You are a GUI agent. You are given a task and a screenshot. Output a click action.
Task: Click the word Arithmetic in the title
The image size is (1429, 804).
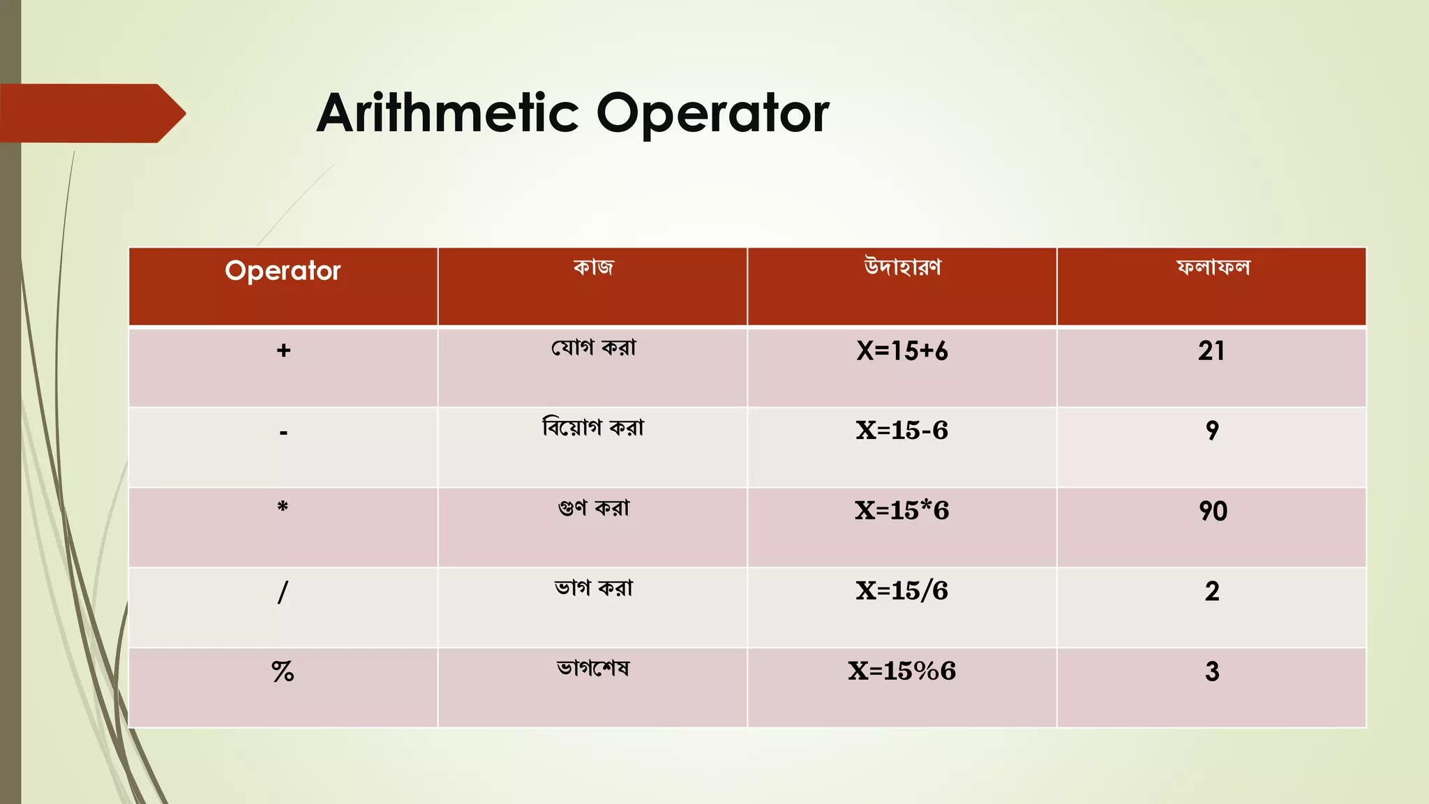[447, 113]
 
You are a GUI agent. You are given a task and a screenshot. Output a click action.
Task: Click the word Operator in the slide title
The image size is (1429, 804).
[712, 113]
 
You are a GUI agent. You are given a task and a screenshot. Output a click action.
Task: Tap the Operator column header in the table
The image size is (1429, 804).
[283, 271]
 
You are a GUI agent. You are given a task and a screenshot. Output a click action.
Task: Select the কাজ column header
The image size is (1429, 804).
[593, 267]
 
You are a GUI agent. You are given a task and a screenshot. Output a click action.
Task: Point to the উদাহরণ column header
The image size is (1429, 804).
[902, 267]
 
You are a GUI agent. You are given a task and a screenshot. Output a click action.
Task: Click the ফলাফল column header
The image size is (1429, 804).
[1213, 267]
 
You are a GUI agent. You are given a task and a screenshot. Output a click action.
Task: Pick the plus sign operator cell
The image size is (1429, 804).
[283, 350]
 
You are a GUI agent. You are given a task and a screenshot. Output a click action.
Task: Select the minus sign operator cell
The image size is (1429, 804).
[283, 433]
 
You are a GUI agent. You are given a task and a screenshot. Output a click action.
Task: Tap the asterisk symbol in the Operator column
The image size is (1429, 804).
[283, 507]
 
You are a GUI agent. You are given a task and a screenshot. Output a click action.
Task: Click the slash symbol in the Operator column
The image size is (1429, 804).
[283, 592]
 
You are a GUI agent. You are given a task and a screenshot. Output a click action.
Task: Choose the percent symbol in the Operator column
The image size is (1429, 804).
[283, 671]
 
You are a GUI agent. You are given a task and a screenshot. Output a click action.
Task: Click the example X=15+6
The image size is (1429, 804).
[902, 351]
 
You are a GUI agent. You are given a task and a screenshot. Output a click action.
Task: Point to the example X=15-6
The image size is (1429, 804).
[902, 431]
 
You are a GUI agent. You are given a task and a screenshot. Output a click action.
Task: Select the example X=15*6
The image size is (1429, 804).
[902, 511]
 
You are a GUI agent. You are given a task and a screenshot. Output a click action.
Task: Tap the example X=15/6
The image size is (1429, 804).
[902, 591]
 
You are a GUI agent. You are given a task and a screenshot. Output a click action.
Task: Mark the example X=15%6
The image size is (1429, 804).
[902, 671]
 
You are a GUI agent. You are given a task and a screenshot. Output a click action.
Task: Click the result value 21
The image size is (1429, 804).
[1212, 351]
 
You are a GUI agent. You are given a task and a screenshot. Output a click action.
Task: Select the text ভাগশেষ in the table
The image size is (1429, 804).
[593, 669]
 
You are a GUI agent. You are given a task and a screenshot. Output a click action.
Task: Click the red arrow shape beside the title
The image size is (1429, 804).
[91, 113]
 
